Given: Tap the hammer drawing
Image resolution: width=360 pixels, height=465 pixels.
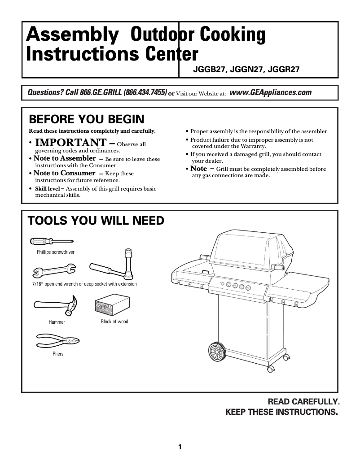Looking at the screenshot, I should [x=56, y=305].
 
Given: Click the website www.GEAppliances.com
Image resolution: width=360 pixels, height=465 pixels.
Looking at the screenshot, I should [x=270, y=92].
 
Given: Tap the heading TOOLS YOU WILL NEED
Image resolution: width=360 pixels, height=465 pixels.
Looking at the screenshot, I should [x=96, y=221].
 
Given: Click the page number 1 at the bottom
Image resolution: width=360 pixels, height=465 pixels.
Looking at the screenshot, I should [x=180, y=447].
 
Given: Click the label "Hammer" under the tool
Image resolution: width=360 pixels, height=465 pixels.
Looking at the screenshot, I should [x=57, y=322].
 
